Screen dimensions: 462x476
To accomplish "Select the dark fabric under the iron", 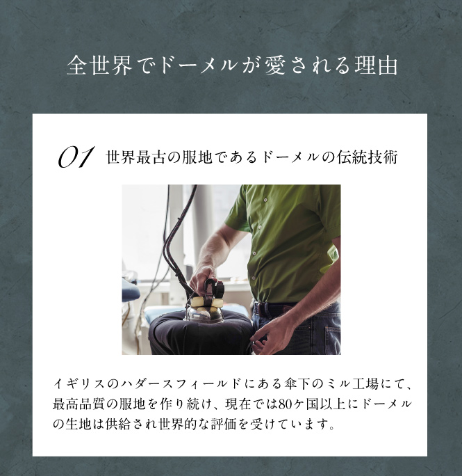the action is coord(200,333).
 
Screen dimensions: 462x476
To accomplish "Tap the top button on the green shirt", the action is coord(265,200).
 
